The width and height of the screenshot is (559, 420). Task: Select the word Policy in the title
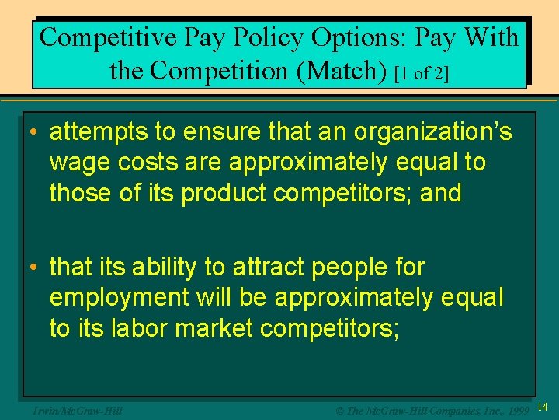pos(266,37)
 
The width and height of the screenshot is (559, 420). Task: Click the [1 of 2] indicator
pos(422,73)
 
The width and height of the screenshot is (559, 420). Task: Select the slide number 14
pos(543,408)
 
